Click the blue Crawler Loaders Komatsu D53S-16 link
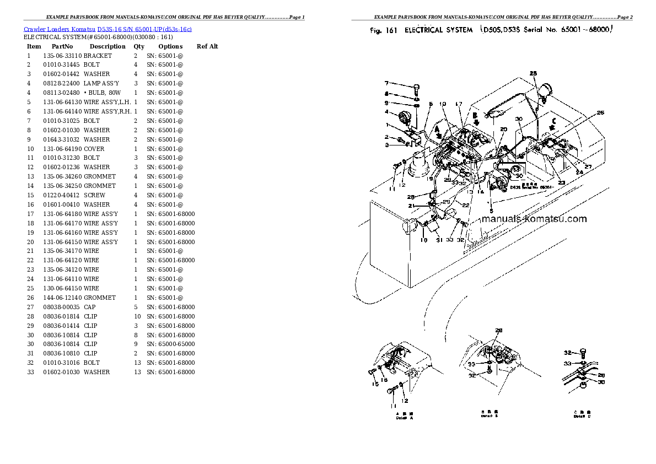coord(107,29)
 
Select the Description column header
coord(107,47)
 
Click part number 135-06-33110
coord(62,56)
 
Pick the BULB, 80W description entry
coord(103,93)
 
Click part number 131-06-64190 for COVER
coord(62,149)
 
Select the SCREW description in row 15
coord(94,195)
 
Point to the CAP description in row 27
coord(90,307)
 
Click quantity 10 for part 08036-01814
coord(137,316)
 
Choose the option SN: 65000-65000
coord(170,344)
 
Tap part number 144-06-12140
coord(62,298)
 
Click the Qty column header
coord(139,47)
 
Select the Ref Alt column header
coord(207,47)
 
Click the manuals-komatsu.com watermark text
coord(534,219)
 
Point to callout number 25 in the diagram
coord(533,73)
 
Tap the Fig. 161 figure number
coord(384,30)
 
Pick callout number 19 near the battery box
coord(423,240)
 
